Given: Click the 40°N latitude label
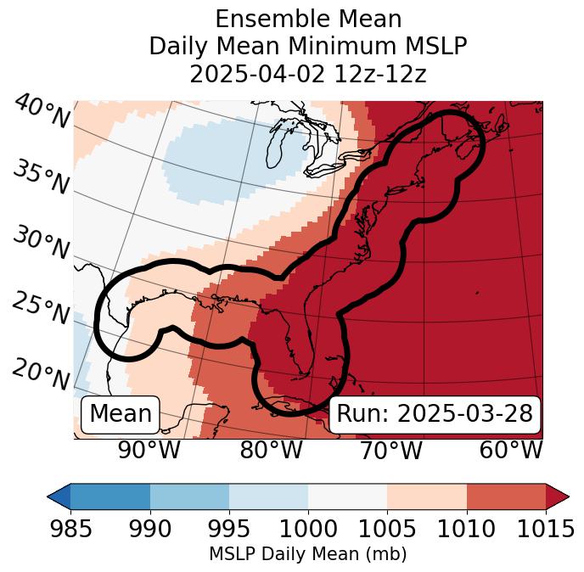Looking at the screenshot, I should pyautogui.click(x=41, y=112).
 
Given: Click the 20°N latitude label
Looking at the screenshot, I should pyautogui.click(x=41, y=374).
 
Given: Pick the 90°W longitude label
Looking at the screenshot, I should pyautogui.click(x=149, y=450).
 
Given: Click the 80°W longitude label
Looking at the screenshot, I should pyautogui.click(x=271, y=450).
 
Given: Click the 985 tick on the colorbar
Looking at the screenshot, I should pyautogui.click(x=70, y=530).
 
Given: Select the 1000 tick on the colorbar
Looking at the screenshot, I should pyautogui.click(x=308, y=530).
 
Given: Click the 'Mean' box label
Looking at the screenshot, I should pyautogui.click(x=121, y=414).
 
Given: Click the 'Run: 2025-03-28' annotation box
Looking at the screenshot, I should pyautogui.click(x=435, y=414).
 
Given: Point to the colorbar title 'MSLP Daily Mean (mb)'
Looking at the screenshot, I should pyautogui.click(x=308, y=554).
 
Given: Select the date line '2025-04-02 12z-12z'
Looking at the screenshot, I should pyautogui.click(x=308, y=74).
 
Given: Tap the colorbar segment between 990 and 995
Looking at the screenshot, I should pyautogui.click(x=189, y=496).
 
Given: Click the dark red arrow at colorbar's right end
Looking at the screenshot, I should pyautogui.click(x=558, y=496).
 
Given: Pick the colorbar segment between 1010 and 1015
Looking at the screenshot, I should pyautogui.click(x=506, y=496).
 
